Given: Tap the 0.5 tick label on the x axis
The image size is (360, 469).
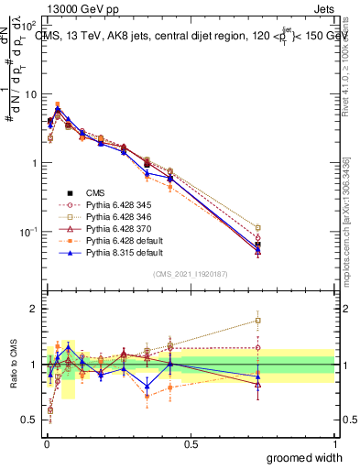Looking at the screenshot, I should (191, 442).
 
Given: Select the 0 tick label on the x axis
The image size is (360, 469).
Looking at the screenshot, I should (46, 442).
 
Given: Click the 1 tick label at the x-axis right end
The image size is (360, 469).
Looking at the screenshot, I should (335, 442).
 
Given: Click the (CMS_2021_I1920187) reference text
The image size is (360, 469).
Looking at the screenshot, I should (190, 272).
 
